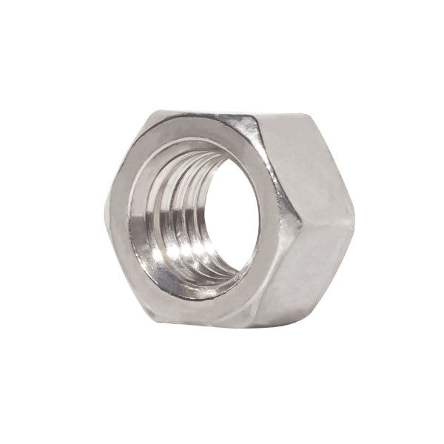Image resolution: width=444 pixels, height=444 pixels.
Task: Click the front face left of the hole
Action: pyautogui.click(x=118, y=222)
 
